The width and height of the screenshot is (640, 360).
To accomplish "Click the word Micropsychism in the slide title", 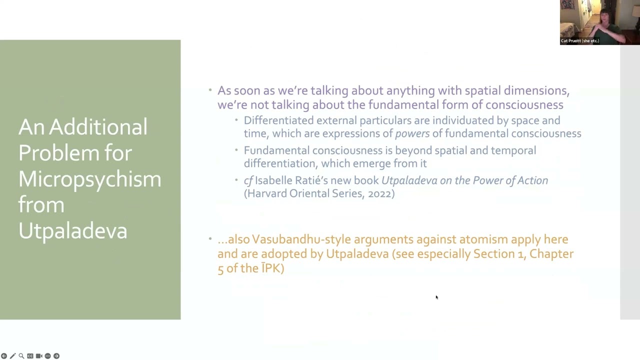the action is click(89, 179).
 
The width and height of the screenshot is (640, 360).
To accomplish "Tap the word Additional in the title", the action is click(98, 127).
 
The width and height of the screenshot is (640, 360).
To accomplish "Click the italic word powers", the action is click(412, 133).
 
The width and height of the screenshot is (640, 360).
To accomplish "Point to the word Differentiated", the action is click(278, 120).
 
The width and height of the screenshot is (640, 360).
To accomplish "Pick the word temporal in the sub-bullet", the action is click(513, 150).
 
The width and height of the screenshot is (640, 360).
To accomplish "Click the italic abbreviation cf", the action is click(248, 180).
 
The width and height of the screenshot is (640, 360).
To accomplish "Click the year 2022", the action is click(379, 193).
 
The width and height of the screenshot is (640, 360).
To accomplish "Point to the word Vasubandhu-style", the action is click(301, 239).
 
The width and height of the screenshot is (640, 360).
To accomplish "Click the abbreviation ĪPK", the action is click(271, 268).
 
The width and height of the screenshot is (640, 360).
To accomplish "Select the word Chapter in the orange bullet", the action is click(551, 253).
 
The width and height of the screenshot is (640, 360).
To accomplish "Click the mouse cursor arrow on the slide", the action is click(437, 297).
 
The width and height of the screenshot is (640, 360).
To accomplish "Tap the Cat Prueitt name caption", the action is click(579, 41).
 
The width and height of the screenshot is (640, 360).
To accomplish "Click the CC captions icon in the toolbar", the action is click(30, 356).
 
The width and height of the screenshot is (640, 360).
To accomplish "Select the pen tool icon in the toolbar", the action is click(12, 356).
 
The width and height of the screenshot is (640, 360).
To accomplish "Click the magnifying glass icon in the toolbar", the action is click(21, 356).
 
